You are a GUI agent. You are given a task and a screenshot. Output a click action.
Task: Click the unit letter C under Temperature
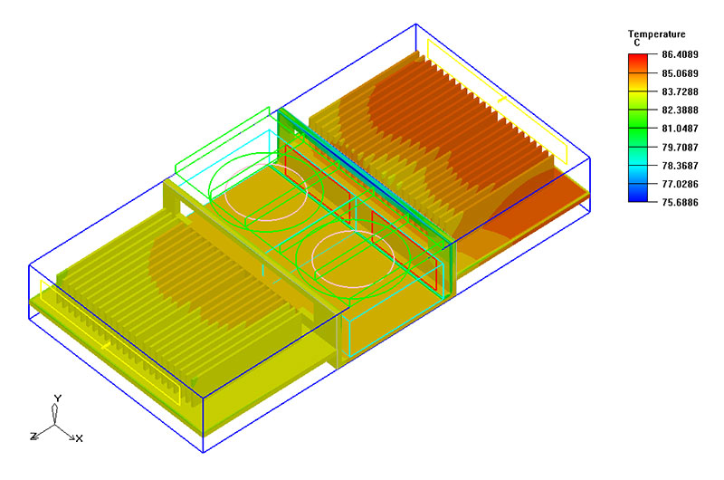(x=637, y=43)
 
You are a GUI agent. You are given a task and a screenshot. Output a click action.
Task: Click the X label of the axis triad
(x=80, y=438)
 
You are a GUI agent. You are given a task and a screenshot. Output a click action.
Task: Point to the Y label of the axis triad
(x=57, y=398)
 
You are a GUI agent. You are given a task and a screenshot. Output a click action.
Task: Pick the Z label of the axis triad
(x=33, y=437)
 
